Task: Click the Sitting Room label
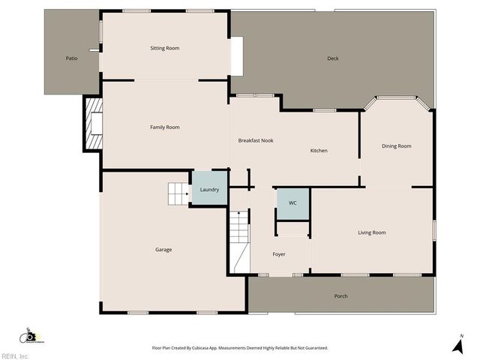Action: pyautogui.click(x=165, y=48)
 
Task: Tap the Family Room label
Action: pyautogui.click(x=165, y=127)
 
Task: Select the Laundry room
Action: pyautogui.click(x=209, y=189)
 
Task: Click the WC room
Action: pyautogui.click(x=293, y=203)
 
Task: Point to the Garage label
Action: pyautogui.click(x=163, y=250)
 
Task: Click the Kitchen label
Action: pyautogui.click(x=319, y=151)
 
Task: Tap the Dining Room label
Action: pyautogui.click(x=397, y=146)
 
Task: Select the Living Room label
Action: pyautogui.click(x=372, y=232)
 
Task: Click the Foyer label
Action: pyautogui.click(x=279, y=254)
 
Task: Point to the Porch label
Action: pyautogui.click(x=340, y=296)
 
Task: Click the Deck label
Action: pyautogui.click(x=333, y=58)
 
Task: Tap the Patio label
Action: pyautogui.click(x=71, y=58)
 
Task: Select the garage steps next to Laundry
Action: pyautogui.click(x=178, y=193)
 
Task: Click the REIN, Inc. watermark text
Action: pyautogui.click(x=15, y=355)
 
